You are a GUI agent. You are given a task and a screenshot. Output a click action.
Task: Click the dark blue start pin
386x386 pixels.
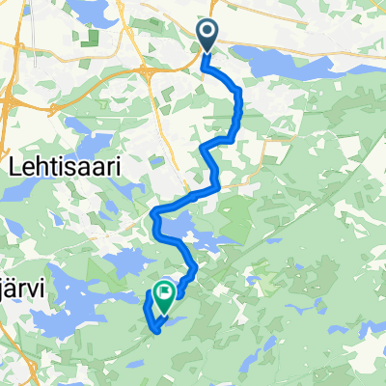pos(208,36)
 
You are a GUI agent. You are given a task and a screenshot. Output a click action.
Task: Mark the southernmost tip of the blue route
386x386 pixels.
pos(154,331)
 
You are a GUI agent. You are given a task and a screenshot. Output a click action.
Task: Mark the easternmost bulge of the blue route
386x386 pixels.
pos(239,106)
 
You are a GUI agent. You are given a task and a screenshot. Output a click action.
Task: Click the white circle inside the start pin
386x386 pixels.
pos(208,32)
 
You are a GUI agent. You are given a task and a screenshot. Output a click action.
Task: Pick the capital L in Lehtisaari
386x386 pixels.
pos(14,166)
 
